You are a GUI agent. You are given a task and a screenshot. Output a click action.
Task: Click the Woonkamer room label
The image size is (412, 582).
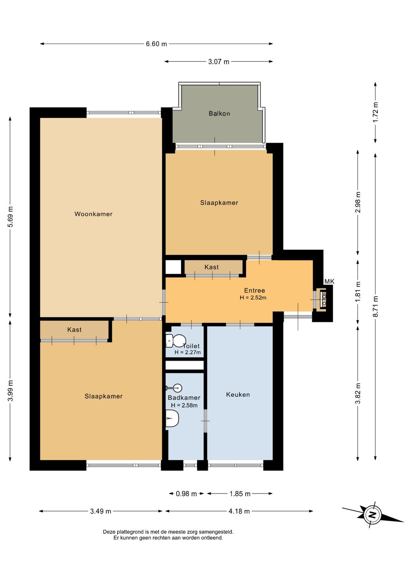coord(93,214)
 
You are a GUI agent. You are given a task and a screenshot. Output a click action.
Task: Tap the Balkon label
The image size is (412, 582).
coord(219,113)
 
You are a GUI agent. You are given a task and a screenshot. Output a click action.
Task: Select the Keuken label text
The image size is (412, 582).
coord(238,394)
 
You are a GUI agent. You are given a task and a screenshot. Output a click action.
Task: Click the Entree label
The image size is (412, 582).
coord(254,291)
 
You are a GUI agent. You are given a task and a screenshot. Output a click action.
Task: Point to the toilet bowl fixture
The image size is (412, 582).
coord(176,341)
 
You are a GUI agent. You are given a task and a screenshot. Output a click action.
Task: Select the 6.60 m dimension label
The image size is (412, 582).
coord(156,43)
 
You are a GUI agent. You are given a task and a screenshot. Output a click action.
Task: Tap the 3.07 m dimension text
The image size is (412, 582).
coord(219,61)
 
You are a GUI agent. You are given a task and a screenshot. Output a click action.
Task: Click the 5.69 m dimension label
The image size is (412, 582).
coord(10,217)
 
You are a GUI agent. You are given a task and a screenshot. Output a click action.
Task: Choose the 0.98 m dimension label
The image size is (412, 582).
coord(187,494)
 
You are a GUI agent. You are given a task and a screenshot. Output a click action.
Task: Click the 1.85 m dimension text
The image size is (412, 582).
coord(240,494)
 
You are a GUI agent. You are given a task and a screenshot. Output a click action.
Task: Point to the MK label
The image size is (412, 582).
coord(329,281)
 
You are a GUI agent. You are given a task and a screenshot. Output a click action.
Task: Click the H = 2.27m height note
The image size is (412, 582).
coord(187,352)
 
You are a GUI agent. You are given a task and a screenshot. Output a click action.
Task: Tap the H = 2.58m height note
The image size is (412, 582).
coord(184,405)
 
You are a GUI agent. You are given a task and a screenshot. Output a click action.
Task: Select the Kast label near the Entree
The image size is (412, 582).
coord(212,267)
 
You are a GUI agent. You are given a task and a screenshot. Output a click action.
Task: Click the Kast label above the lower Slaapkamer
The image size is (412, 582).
coord(74,330)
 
